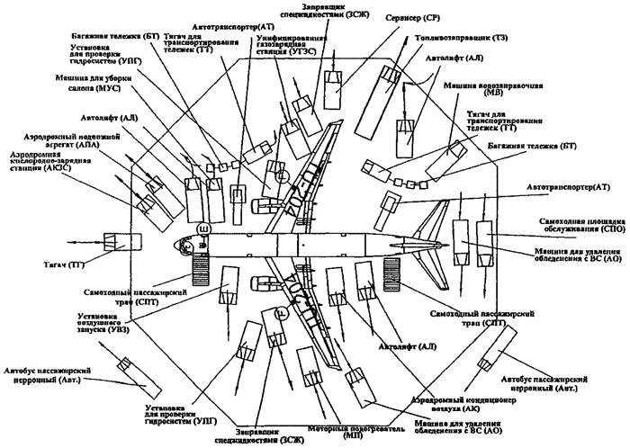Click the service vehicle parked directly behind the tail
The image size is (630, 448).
[x=463, y=243]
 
